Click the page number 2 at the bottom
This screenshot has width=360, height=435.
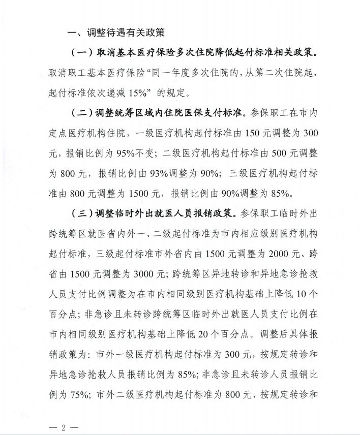click(64, 426)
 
